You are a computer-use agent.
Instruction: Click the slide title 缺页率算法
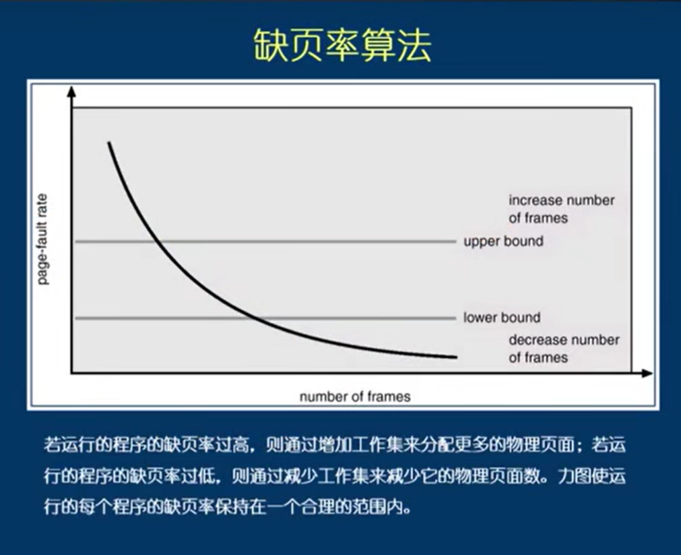click(342, 46)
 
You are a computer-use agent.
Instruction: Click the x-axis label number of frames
click(354, 397)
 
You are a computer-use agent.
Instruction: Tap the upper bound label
click(503, 241)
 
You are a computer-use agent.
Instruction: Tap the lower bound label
click(502, 318)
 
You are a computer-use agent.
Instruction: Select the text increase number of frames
click(561, 209)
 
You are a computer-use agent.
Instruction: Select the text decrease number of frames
click(563, 349)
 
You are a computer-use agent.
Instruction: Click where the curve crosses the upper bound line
click(156, 241)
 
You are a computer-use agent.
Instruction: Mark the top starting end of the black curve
click(108, 143)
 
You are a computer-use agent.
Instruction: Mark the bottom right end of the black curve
click(456, 357)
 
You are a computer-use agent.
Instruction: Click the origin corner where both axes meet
click(71, 373)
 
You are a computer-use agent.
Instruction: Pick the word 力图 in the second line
click(572, 476)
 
